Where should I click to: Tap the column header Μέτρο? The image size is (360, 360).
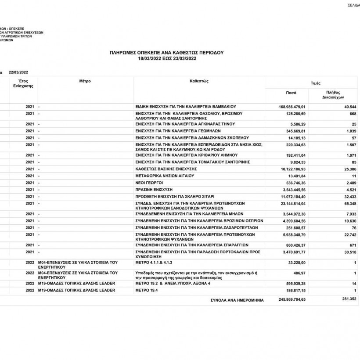pyautogui.click(x=85, y=81)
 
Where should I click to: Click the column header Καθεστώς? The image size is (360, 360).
pyautogui.click(x=199, y=81)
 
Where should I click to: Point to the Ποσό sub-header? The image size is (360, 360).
pyautogui.click(x=291, y=94)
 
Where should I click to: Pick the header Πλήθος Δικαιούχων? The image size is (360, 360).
pyautogui.click(x=335, y=95)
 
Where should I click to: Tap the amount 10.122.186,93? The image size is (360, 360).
pyautogui.click(x=295, y=169)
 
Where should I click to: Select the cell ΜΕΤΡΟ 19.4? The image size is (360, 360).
pyautogui.click(x=147, y=290)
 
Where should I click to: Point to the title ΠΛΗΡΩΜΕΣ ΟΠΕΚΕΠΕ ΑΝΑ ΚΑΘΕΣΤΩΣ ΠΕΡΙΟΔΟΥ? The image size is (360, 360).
pyautogui.click(x=166, y=52)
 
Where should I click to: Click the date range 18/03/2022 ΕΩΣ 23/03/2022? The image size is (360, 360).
pyautogui.click(x=166, y=58)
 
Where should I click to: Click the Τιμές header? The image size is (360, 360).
pyautogui.click(x=315, y=83)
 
